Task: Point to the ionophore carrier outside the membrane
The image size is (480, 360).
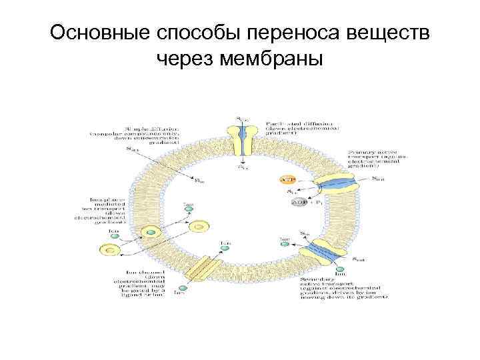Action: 108,250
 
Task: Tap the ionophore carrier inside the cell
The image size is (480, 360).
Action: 198,227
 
